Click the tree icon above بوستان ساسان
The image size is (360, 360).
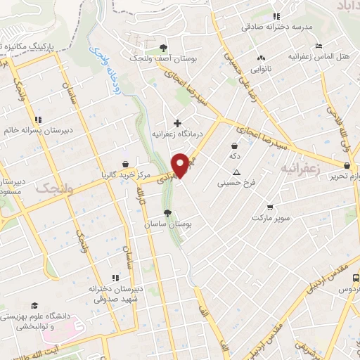coord(167,213)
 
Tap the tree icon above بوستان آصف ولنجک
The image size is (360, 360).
coord(163,48)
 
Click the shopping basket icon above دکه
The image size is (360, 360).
coord(233,146)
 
